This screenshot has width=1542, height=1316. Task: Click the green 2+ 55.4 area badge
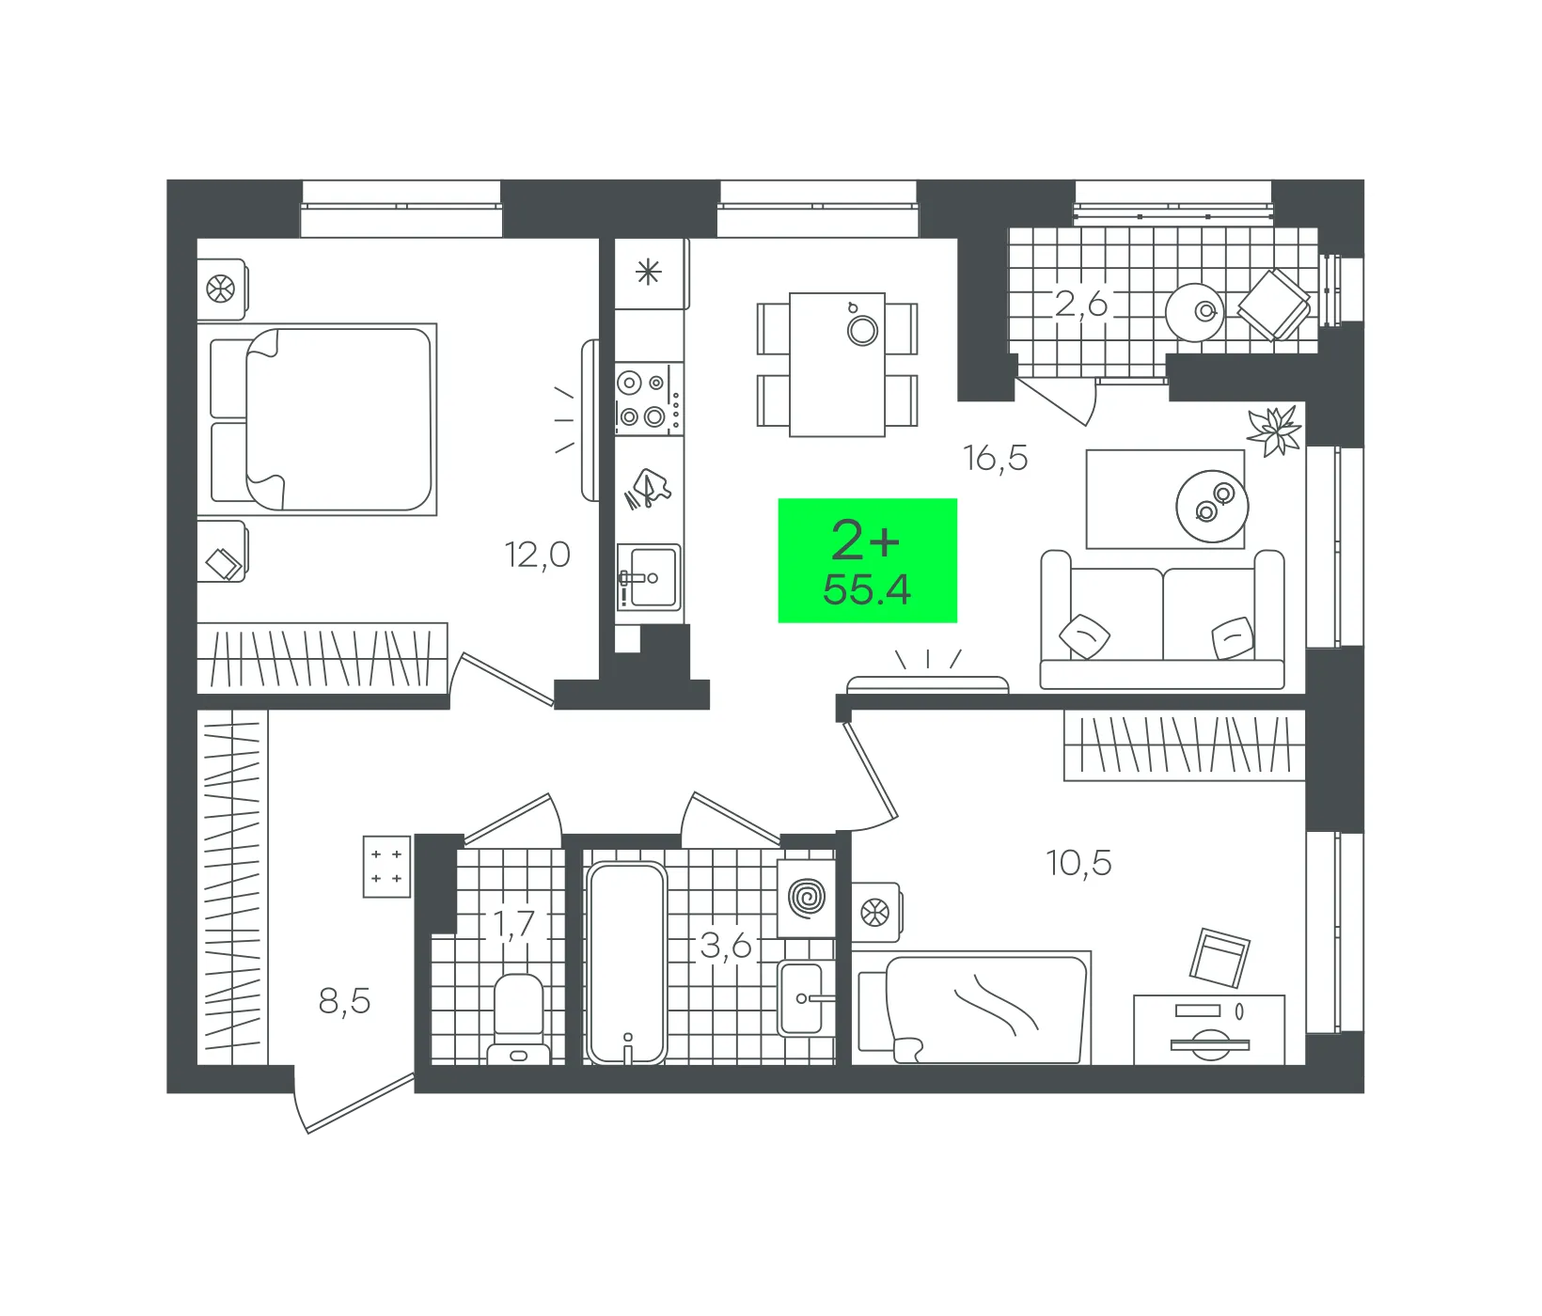tap(867, 560)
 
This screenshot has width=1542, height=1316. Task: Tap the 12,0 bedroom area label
tap(538, 555)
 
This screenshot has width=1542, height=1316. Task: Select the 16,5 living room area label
tap(995, 458)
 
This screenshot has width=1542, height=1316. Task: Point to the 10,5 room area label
tap(1078, 862)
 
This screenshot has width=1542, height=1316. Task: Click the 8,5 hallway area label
tap(344, 1001)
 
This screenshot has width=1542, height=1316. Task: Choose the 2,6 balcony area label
tap(1081, 304)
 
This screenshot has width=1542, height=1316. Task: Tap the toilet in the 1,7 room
tap(518, 1019)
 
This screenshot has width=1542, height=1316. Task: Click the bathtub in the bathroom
tap(627, 963)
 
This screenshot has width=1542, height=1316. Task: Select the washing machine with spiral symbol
tap(807, 898)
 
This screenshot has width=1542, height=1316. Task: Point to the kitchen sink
tap(649, 577)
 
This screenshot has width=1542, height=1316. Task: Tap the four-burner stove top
tap(649, 399)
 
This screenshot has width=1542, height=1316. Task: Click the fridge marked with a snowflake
tap(651, 274)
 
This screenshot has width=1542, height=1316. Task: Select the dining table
tap(837, 365)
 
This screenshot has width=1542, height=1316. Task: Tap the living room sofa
tap(1162, 620)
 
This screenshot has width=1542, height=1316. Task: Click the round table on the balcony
tap(1195, 312)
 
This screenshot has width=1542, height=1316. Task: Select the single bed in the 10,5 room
tap(972, 1008)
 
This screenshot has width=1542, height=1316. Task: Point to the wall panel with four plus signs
tap(386, 867)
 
